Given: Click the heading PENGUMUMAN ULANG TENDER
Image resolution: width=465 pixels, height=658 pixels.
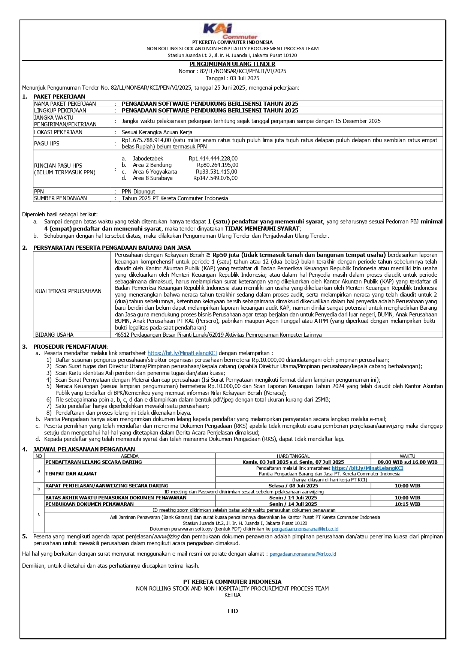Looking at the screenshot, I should [x=232, y=64].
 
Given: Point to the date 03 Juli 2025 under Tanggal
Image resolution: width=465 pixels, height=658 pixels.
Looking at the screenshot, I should [x=243, y=78].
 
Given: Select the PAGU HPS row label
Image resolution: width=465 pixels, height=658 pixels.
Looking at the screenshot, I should [x=46, y=144].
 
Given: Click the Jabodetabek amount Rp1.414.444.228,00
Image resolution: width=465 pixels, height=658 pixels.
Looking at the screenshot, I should [x=213, y=159].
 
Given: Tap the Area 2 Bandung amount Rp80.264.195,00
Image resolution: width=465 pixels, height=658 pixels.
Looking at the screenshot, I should [x=217, y=165].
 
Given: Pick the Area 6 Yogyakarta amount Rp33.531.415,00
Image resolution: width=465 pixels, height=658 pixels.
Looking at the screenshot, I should [x=217, y=172].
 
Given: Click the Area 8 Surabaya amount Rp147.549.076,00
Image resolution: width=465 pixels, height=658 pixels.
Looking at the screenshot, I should [x=215, y=178].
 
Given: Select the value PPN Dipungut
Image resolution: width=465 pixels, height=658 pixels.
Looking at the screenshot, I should [x=138, y=191].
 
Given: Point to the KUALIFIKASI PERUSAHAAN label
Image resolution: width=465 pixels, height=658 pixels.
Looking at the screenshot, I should [x=68, y=291].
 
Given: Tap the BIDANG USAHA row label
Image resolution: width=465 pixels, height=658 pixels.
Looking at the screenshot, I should [x=54, y=335].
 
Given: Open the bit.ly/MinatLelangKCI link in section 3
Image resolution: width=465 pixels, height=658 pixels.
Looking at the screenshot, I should [x=182, y=353].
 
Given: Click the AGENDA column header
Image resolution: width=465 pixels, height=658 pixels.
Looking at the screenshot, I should [x=130, y=456].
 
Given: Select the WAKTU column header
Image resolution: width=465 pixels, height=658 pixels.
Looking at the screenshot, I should [x=407, y=456].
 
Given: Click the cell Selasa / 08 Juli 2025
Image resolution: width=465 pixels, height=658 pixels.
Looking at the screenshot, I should [x=293, y=486].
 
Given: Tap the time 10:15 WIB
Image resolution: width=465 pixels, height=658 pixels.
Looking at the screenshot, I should [x=407, y=504].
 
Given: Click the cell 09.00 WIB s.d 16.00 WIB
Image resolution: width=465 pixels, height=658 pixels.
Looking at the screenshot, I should [x=407, y=462].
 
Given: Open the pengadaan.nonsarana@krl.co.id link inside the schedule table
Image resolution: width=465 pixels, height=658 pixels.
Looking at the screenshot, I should [x=305, y=529].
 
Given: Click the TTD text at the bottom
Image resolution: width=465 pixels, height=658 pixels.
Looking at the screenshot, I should [x=232, y=611].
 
